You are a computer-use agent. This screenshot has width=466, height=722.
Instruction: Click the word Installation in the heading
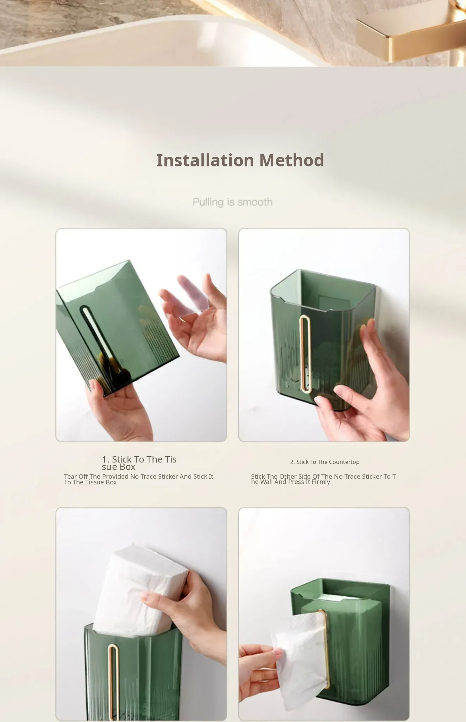coord(205,160)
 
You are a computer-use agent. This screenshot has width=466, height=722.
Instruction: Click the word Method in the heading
coord(292,160)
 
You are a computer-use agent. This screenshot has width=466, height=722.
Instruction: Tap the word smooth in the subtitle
coord(255,202)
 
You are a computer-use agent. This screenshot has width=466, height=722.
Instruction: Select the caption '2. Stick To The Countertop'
coord(325,462)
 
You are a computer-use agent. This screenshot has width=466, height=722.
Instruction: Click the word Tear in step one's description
coord(70,476)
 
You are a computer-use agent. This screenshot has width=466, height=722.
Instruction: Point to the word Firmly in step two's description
coord(321,482)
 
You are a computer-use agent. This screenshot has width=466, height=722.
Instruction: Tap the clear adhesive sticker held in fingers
coord(193,294)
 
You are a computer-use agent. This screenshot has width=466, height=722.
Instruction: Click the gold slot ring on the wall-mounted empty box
coord(305,354)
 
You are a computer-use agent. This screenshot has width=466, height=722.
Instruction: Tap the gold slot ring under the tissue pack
coord(113,682)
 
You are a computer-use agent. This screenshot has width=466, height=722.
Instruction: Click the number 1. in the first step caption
coord(106,459)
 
